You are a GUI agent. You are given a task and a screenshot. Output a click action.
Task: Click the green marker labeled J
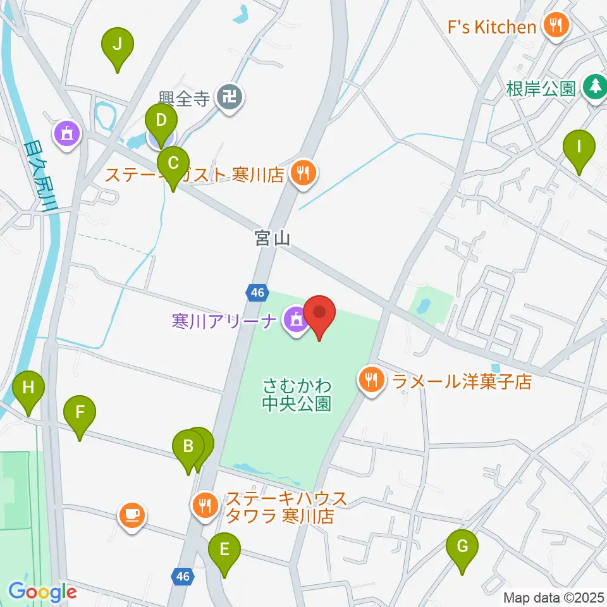tap(117, 45)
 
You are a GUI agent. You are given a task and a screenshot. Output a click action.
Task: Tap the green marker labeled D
tap(161, 120)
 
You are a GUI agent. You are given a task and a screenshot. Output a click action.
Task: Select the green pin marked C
tap(173, 162)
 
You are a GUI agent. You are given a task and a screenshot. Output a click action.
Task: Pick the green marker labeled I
tap(579, 147)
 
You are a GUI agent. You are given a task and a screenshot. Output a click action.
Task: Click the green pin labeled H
tap(28, 387)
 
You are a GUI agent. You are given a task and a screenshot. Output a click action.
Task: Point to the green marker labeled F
tap(80, 412)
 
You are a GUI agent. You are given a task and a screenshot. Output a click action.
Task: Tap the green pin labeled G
tap(462, 546)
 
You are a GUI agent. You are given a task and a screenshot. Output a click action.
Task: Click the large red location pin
tap(319, 313)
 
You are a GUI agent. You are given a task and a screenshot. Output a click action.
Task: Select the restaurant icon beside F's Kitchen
tap(556, 26)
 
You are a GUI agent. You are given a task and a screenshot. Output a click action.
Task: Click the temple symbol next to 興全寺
tap(229, 98)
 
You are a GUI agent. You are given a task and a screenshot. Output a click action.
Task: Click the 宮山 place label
tap(272, 238)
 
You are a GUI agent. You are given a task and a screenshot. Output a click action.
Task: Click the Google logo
tap(42, 592)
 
